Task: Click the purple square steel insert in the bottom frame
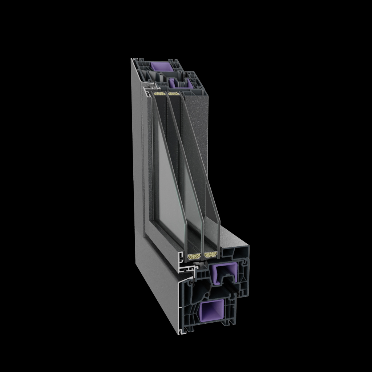210,311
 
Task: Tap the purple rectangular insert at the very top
160,66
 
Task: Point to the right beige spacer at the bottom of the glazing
210,255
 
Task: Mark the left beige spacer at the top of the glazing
160,94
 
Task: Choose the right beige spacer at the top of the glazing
174,94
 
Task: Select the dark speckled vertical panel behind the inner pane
198,138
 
